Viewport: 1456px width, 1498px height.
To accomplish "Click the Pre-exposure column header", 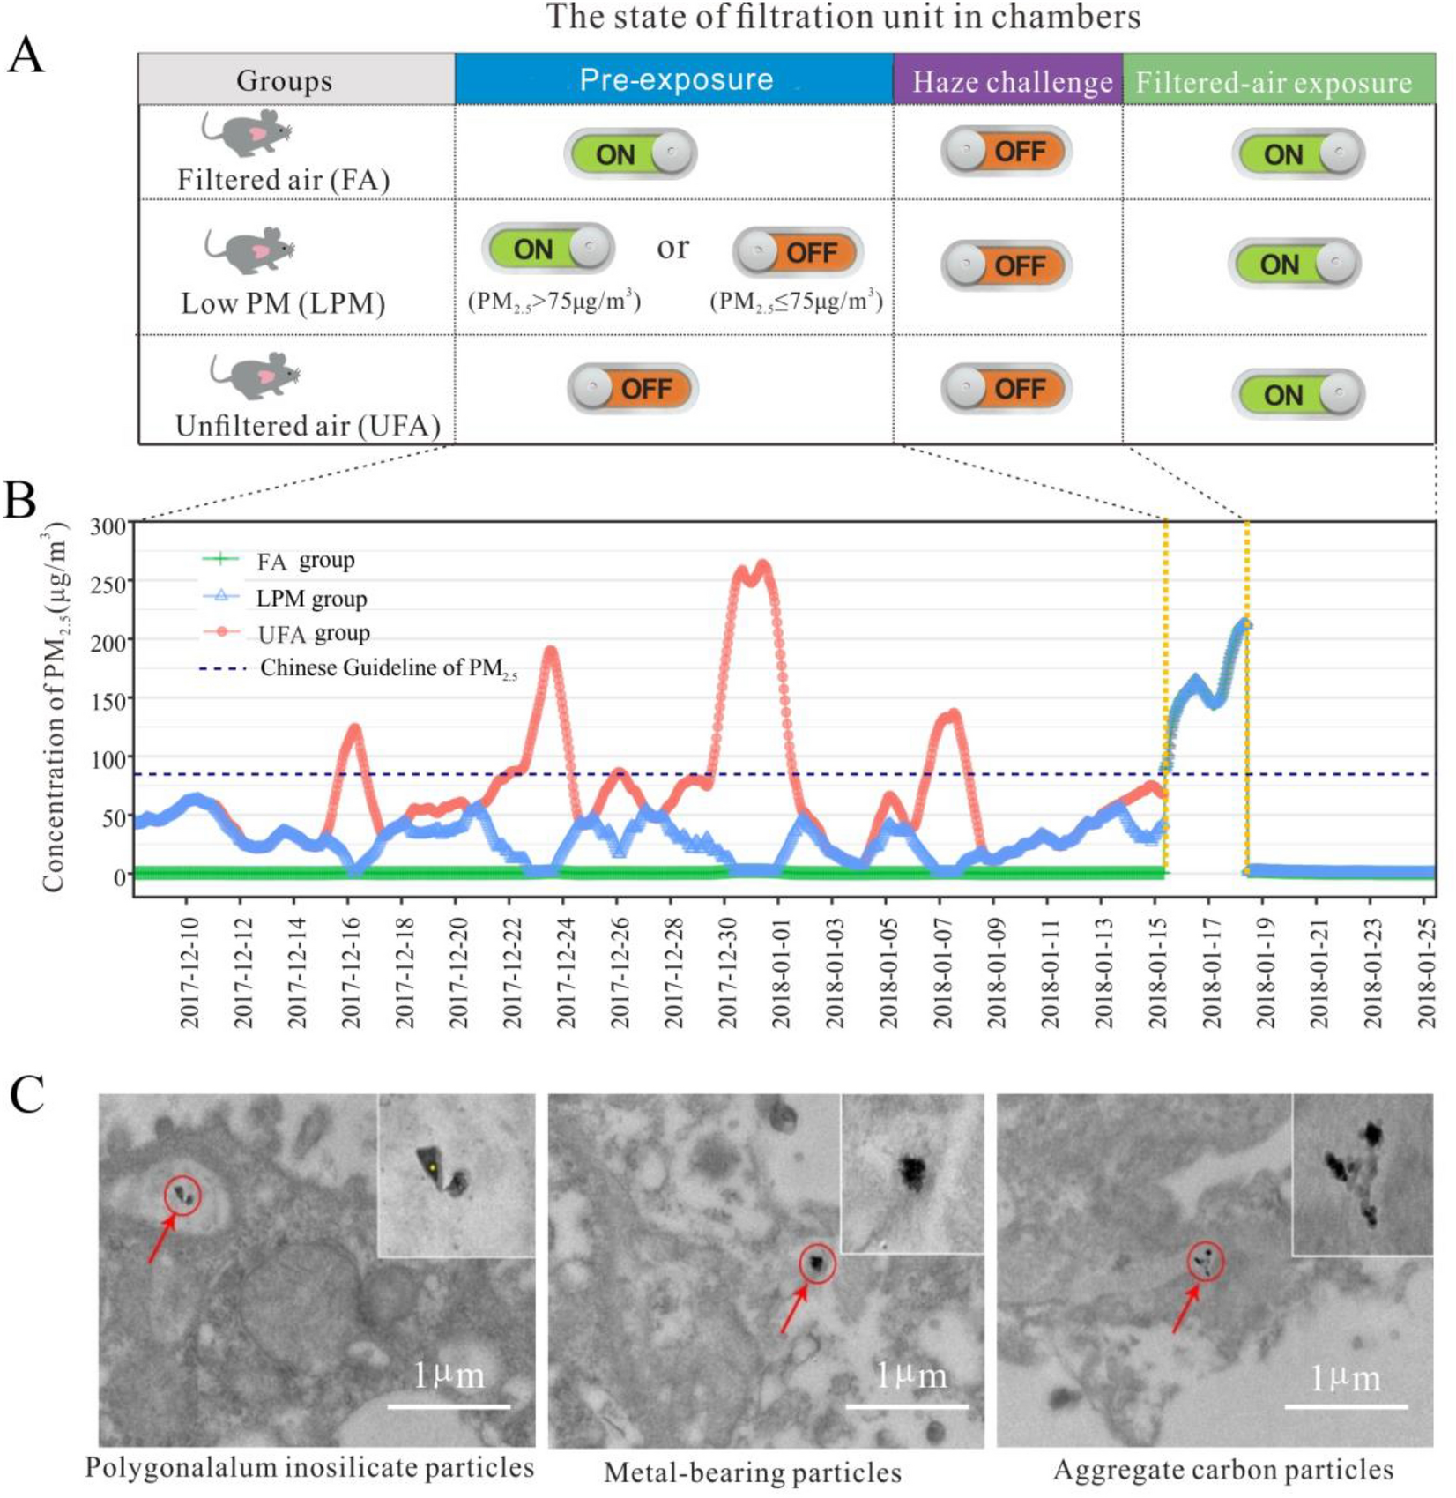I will pyautogui.click(x=674, y=79).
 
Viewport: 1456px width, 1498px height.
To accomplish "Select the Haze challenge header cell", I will pyautogui.click(x=1011, y=81).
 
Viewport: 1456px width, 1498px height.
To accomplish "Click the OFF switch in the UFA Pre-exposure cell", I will pyautogui.click(x=632, y=389).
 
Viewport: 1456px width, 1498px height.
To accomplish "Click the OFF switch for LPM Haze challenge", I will pyautogui.click(x=1006, y=265).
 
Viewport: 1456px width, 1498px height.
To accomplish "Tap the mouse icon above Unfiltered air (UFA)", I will pyautogui.click(x=256, y=375).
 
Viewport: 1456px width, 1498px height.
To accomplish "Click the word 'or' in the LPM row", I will pyautogui.click(x=672, y=248).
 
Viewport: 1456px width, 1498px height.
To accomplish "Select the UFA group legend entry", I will pyautogui.click(x=312, y=634).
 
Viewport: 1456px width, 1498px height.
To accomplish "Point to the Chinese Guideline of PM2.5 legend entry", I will pyautogui.click(x=388, y=668).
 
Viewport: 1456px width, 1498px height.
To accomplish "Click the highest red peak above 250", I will pyautogui.click(x=763, y=566).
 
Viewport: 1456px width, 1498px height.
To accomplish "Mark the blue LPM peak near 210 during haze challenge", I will pyautogui.click(x=1244, y=625).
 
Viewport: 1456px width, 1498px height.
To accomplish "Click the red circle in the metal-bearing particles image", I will pyautogui.click(x=817, y=1263).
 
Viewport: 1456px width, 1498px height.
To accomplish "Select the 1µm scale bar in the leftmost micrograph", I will pyautogui.click(x=449, y=1405).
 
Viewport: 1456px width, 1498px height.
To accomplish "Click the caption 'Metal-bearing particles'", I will pyautogui.click(x=752, y=1472).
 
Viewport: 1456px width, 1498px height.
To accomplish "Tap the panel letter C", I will pyautogui.click(x=26, y=1096).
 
